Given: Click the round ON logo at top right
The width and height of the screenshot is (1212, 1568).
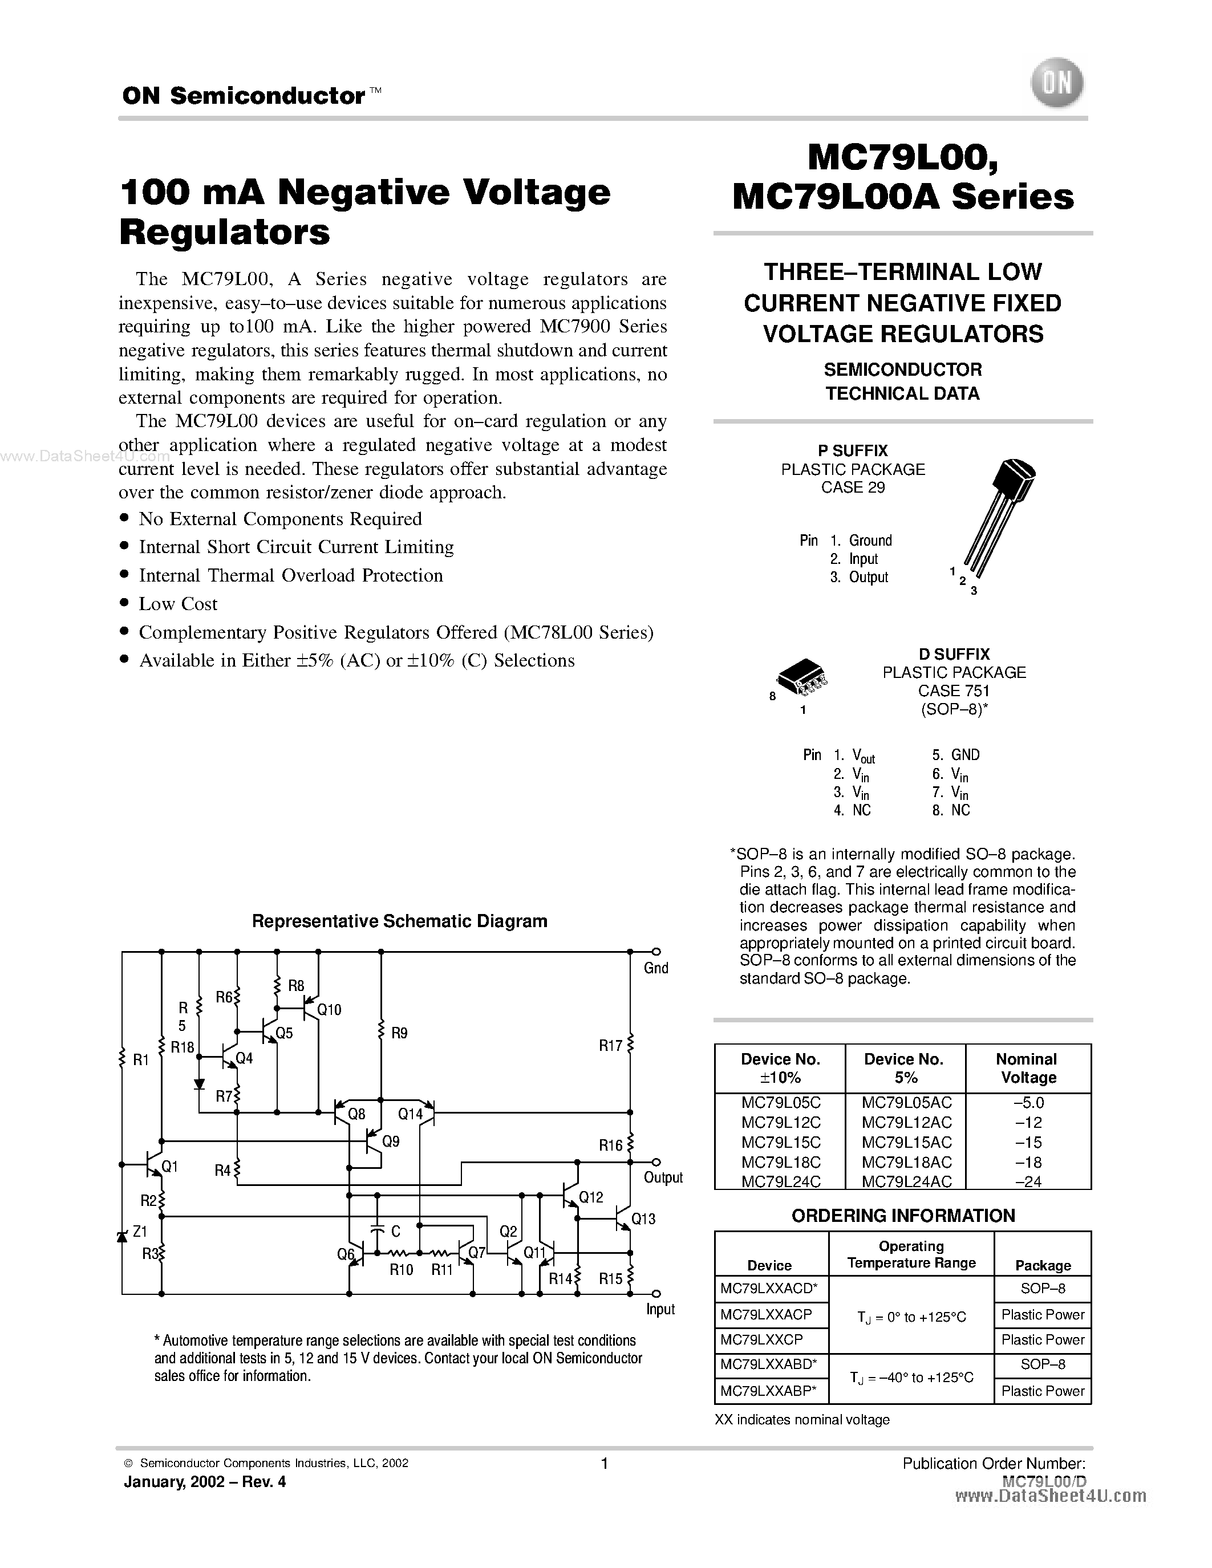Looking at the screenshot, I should click(x=1056, y=84).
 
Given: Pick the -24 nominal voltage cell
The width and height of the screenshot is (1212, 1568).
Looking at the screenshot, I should click(x=1028, y=1181).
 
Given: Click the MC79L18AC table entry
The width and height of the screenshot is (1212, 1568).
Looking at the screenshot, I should click(x=906, y=1161).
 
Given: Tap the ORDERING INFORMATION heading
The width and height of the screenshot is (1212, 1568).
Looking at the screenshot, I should click(x=902, y=1216).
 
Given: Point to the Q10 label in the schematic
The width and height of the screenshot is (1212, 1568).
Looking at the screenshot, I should click(x=329, y=1009).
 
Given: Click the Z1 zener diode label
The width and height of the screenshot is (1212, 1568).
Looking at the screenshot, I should click(x=140, y=1231).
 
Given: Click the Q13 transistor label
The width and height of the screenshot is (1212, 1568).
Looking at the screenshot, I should click(x=643, y=1218).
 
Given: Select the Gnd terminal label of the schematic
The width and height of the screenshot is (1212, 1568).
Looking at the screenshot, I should click(x=655, y=968).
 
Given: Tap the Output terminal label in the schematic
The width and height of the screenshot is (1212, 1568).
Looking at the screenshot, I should click(x=663, y=1177).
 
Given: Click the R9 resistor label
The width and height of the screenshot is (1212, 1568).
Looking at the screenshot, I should click(x=399, y=1033).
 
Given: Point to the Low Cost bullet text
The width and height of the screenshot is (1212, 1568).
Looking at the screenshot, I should click(x=178, y=604).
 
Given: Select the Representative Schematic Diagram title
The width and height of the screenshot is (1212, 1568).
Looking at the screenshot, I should click(x=399, y=921).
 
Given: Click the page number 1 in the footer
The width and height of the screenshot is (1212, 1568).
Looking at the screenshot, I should click(x=605, y=1463).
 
